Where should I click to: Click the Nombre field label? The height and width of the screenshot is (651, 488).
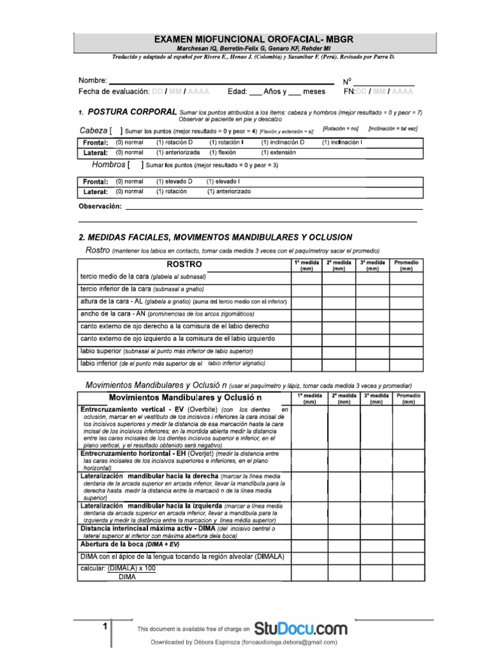pos(93,81)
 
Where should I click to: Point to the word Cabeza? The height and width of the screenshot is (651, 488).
pos(93,130)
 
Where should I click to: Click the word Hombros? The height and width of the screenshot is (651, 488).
pos(109,165)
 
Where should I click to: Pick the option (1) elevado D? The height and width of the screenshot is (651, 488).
pos(174,181)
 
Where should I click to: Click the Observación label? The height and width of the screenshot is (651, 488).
pos(100,207)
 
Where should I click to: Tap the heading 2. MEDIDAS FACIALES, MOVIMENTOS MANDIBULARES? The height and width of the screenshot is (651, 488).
pos(215,237)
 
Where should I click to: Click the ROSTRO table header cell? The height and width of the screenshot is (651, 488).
pos(184,264)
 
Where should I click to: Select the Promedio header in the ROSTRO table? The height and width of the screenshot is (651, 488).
pos(406,265)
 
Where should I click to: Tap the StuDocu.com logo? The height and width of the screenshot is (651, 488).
pos(301,629)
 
